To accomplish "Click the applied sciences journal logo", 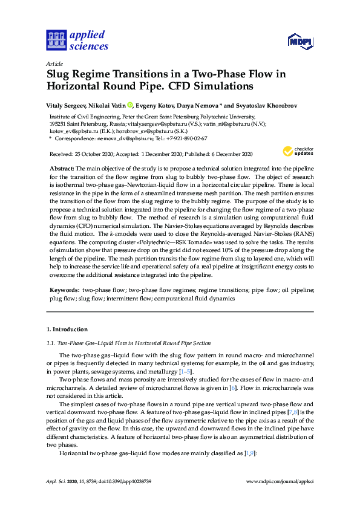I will click(77, 41).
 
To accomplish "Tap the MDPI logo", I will click(300, 42).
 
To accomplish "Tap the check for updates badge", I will click(297, 151).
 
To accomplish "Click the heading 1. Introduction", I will click(67, 329).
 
